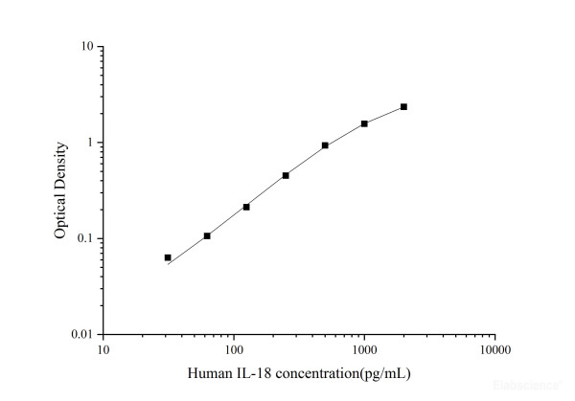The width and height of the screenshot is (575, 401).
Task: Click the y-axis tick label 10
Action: (86, 47)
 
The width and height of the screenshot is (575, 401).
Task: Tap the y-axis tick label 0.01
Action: (81, 335)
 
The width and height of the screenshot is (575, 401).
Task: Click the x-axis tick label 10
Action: (103, 350)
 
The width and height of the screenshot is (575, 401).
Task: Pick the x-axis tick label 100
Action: (234, 350)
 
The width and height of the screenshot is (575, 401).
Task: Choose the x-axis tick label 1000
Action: (364, 350)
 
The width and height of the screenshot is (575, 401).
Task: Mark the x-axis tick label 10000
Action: (494, 350)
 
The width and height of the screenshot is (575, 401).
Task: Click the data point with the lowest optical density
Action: (168, 257)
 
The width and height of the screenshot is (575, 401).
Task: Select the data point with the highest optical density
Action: (403, 106)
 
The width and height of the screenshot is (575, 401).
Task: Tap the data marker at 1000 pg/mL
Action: (364, 123)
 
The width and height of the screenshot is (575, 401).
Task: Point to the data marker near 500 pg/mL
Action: (325, 145)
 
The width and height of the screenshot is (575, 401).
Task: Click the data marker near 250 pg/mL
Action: (286, 175)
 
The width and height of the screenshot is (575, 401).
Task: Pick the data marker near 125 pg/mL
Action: (246, 207)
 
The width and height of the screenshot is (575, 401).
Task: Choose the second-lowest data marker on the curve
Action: (207, 235)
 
